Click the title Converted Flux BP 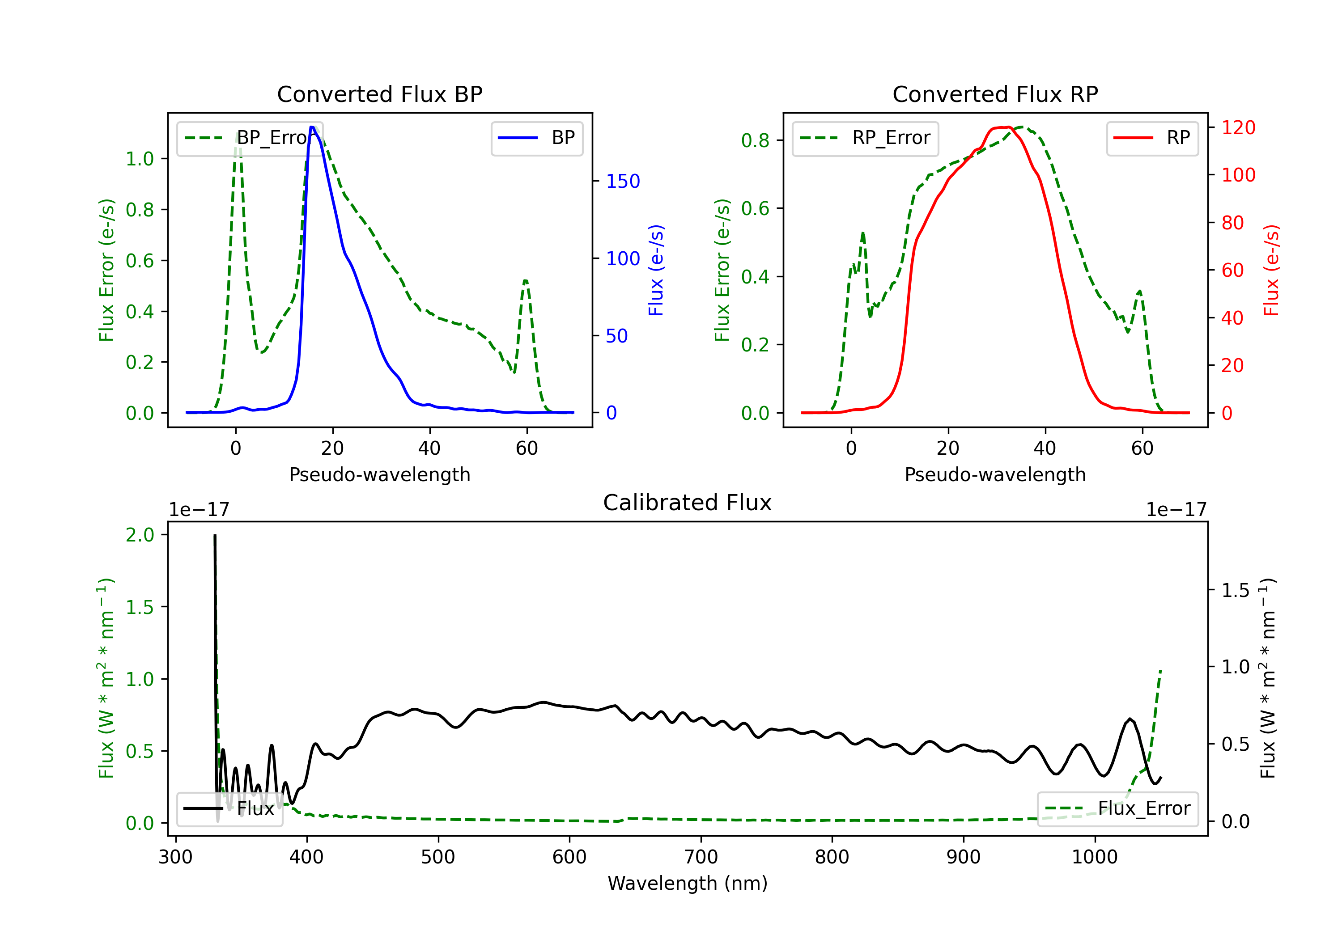click(379, 94)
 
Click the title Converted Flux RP click(995, 94)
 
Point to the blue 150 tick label click(623, 181)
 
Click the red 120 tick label click(1238, 127)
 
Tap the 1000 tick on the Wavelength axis click(1094, 857)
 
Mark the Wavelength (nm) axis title click(688, 883)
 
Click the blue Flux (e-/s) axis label click(656, 270)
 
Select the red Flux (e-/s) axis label click(1271, 270)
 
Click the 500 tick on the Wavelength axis click(438, 857)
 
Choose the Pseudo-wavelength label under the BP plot click(379, 474)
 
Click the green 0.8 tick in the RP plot click(755, 140)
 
